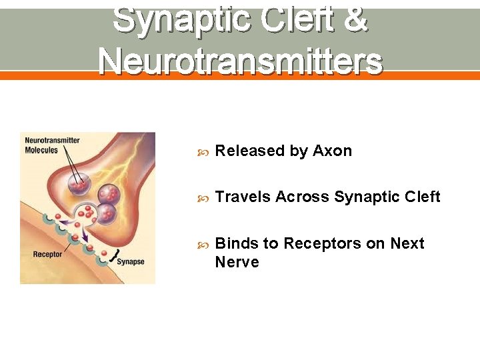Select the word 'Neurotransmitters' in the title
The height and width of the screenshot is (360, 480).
[x=240, y=61]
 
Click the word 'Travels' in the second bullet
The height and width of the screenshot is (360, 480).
[x=243, y=197]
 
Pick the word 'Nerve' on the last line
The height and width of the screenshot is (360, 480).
[x=237, y=263]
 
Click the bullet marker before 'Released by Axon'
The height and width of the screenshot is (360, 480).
[x=204, y=152]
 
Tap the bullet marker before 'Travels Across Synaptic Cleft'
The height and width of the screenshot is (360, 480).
[x=204, y=198]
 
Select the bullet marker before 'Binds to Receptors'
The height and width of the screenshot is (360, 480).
[x=204, y=245]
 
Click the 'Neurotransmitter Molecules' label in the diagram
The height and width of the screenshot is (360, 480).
[x=52, y=145]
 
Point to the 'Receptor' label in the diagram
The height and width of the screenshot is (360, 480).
[x=47, y=254]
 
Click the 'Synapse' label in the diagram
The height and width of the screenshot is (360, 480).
[x=131, y=262]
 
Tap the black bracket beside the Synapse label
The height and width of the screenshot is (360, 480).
[x=118, y=253]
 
